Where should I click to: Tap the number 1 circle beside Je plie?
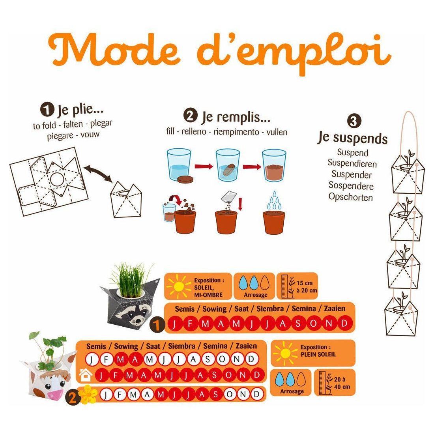[47, 109]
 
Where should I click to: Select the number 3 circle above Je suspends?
[354, 121]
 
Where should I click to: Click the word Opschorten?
[350, 197]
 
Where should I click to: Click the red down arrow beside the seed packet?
[240, 204]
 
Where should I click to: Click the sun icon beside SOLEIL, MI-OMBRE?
[178, 286]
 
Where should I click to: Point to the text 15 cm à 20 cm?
[307, 286]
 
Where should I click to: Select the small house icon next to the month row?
[86, 375]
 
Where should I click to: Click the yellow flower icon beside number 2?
[88, 394]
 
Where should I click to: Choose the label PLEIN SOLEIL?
[318, 354]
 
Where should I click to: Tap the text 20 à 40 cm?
[342, 383]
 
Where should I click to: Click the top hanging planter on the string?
[408, 174]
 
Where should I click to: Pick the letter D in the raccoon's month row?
[344, 323]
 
